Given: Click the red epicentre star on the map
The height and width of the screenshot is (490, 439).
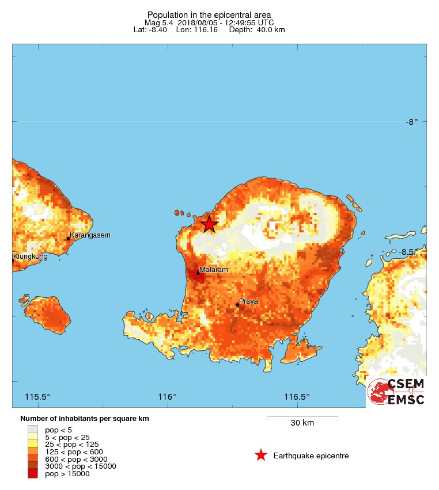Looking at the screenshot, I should click(209, 224).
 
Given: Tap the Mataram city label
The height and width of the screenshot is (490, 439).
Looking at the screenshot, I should click(213, 270).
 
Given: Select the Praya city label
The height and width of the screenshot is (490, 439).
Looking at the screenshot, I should click(249, 301).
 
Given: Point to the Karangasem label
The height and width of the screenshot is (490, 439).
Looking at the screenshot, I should click(89, 235).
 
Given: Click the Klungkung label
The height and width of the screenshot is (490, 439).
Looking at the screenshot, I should click(31, 257).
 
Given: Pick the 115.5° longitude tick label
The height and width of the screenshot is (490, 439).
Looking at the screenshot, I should click(38, 397).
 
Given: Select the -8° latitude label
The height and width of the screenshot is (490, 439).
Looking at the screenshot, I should click(411, 122).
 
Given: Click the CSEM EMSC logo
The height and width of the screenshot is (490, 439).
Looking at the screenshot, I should click(397, 392).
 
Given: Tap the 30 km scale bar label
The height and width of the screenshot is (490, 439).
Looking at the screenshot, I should click(302, 423).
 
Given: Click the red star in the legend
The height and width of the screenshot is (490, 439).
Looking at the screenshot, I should click(261, 455).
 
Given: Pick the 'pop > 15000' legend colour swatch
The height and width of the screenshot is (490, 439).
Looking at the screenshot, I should click(33, 474).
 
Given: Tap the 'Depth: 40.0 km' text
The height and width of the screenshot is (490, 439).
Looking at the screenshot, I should click(257, 29).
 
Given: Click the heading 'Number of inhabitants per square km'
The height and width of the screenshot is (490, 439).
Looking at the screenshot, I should click(85, 419).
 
